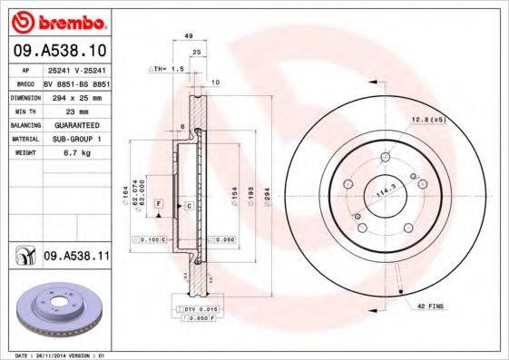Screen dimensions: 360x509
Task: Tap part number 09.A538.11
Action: pyautogui.click(x=76, y=258)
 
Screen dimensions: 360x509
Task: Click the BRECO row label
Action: pyautogui.click(x=26, y=82)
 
